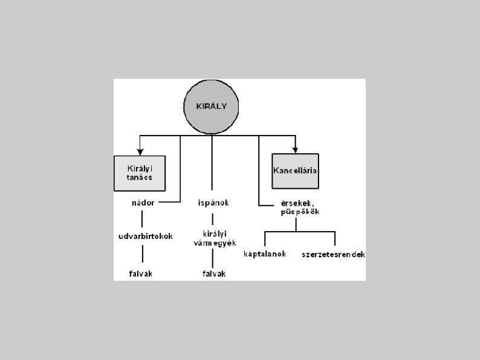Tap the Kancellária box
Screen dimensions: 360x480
point(296,170)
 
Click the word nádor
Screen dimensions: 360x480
point(143,203)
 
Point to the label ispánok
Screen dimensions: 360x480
point(213,203)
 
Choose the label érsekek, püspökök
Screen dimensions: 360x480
point(297,208)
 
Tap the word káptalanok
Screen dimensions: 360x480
point(265,254)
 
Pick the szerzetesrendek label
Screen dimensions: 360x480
point(333,254)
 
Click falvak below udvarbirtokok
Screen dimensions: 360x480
point(141,273)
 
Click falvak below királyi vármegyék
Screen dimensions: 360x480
point(213,273)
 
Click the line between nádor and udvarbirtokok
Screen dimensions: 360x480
point(143,218)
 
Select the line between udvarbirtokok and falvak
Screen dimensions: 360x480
point(143,254)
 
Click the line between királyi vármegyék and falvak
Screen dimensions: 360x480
point(212,258)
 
